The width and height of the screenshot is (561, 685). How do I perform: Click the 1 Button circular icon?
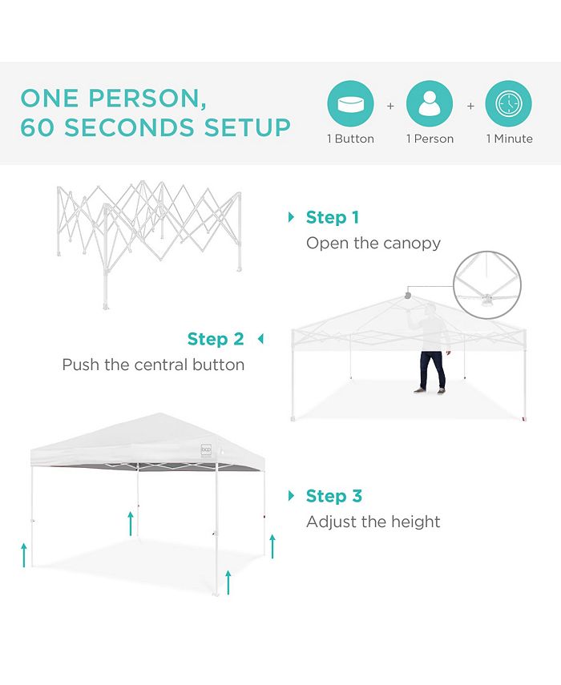coord(350,104)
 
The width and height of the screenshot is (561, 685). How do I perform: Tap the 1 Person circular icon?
coord(430,104)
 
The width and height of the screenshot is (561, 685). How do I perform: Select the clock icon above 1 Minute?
coord(509,104)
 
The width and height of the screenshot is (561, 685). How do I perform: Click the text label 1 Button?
coord(350,139)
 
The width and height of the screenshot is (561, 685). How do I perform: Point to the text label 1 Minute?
coord(509,139)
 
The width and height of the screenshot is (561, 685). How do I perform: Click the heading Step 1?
coord(333,217)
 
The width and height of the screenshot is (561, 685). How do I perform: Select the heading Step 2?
coord(216,339)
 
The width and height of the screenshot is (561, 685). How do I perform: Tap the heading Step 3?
coord(333,496)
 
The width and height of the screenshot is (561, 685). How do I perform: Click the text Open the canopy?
coord(373,243)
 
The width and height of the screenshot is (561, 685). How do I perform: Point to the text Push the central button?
coord(153,365)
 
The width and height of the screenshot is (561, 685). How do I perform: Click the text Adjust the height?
coord(373,522)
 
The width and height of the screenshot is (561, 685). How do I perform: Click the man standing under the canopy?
coord(431,353)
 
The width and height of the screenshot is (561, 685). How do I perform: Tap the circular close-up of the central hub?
coord(487,285)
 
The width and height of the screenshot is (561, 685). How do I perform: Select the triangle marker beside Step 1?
coord(292,217)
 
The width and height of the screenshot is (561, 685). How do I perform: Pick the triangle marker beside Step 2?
coord(260,339)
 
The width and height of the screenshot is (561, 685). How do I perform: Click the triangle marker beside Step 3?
coord(292,496)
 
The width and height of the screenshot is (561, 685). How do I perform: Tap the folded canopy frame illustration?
coord(148,232)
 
